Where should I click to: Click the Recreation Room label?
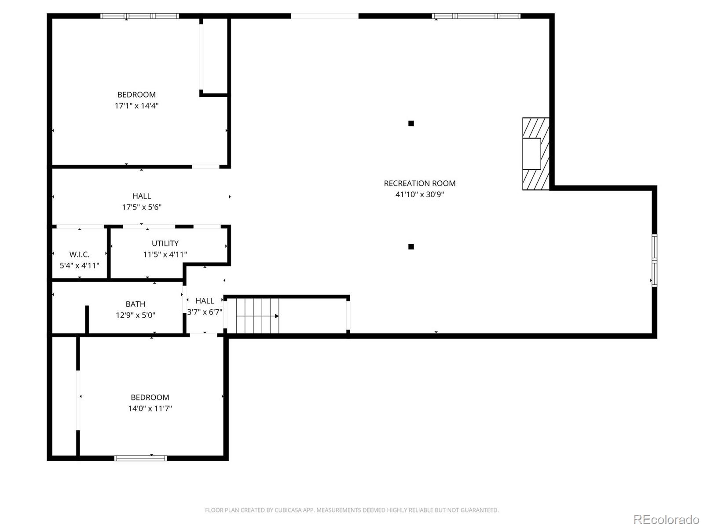coord(419,183)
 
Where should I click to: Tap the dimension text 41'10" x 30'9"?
coord(419,194)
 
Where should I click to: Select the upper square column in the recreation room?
coord(411,123)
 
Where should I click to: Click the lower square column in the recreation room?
coord(411,246)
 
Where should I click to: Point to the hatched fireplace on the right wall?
coord(536,154)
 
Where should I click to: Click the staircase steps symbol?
coord(257,316)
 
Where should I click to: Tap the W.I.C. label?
coord(79,254)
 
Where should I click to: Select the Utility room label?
coord(165,243)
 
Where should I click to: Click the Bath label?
coord(135,304)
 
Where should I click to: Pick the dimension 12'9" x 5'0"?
coord(135,315)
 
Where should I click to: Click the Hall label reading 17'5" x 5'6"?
coord(142,196)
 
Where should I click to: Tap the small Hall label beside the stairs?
coord(205,301)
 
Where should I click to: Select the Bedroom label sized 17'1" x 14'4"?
coord(136,95)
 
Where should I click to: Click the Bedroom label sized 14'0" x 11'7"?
coord(150,397)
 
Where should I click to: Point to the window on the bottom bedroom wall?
coord(140,458)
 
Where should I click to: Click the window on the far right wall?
coord(654,260)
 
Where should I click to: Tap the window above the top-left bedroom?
coord(139,16)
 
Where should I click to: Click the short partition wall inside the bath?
coord(87,319)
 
